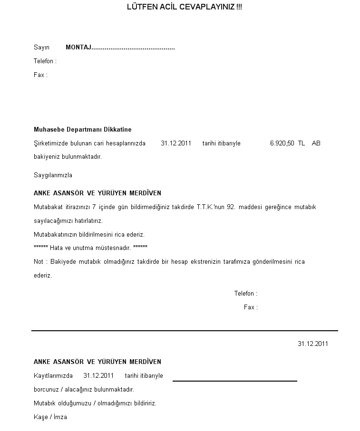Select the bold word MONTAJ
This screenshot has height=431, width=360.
tap(78, 48)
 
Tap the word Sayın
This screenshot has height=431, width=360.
tap(41, 48)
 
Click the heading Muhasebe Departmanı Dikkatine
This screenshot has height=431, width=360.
tap(83, 129)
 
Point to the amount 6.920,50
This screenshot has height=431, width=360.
tap(282, 143)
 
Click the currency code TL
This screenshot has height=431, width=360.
tap(302, 143)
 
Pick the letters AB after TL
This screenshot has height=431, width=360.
tap(316, 143)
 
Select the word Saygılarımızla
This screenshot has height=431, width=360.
tap(53, 175)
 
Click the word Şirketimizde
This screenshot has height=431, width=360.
tap(51, 143)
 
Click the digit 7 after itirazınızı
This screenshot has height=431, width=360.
tap(94, 207)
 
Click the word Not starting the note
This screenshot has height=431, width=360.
tap(39, 261)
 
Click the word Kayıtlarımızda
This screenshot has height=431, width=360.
tap(53, 375)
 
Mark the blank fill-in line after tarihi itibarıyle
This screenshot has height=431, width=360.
tap(234, 380)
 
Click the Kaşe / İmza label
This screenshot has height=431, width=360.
tap(50, 417)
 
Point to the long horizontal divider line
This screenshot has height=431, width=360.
tap(185, 330)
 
